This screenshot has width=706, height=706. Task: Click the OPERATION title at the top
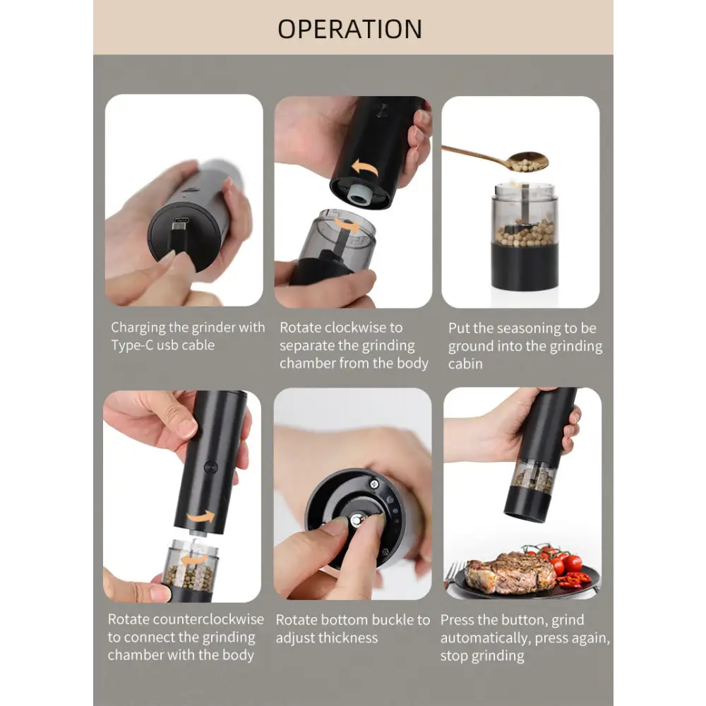(350, 29)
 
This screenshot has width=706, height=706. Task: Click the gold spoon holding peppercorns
(496, 158)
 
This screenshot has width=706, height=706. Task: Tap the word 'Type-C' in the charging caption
(132, 345)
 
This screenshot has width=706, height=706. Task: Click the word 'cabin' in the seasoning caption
(465, 364)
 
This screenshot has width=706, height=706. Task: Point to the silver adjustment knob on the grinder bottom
(357, 521)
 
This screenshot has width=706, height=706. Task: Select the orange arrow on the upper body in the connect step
(201, 517)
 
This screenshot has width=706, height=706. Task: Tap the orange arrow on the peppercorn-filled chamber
(194, 560)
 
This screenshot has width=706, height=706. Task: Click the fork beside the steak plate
(453, 574)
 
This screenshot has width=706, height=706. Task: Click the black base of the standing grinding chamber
(525, 266)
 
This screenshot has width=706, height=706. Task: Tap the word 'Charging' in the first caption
(138, 328)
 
